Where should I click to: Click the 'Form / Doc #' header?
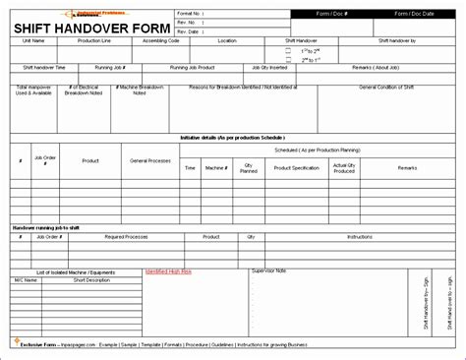tap(329, 12)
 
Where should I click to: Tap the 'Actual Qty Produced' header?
tap(344, 167)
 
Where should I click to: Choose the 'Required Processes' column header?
tap(126, 237)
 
